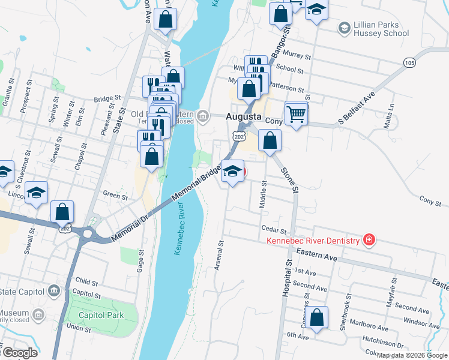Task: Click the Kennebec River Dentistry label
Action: click(313, 241)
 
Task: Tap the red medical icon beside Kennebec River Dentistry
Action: click(369, 241)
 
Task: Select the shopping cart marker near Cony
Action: click(297, 113)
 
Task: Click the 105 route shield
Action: click(409, 62)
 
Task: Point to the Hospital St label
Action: click(287, 279)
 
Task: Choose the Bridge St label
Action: click(107, 99)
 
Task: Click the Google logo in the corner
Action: click(19, 353)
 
